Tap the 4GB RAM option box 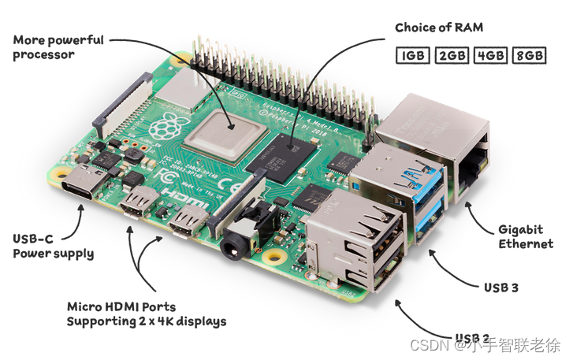pos(490,55)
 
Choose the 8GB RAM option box pos(529,55)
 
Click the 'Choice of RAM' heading pos(439,28)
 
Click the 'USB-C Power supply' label pos(53,246)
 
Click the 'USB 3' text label pos(500,288)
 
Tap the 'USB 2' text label pos(474,338)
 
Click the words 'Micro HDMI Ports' pos(121,306)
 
